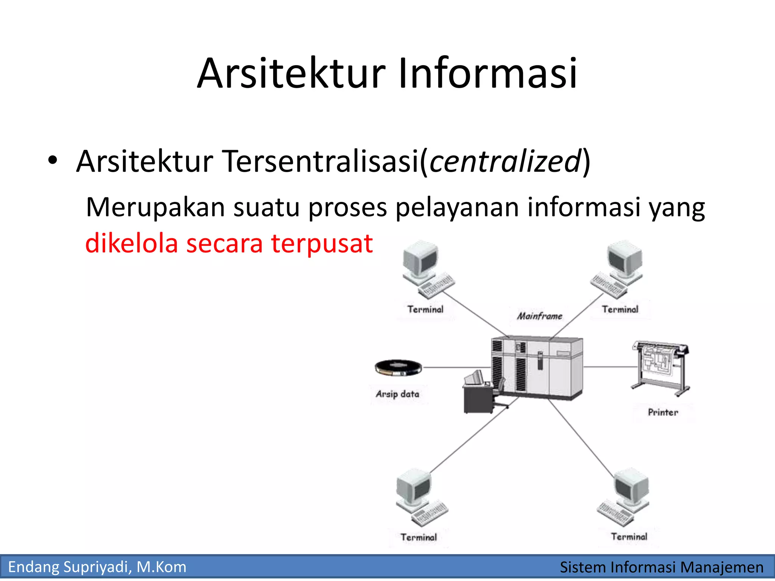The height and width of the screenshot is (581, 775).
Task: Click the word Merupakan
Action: click(x=155, y=208)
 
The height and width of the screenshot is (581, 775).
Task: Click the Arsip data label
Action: click(x=397, y=394)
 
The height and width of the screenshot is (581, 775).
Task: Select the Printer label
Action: click(x=663, y=412)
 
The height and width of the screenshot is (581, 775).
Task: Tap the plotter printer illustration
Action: click(x=661, y=367)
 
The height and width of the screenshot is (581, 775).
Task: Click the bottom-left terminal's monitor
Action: click(x=415, y=488)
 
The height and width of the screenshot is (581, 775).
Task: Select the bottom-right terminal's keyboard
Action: click(x=615, y=514)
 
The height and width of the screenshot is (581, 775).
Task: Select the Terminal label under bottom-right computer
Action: click(x=629, y=537)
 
